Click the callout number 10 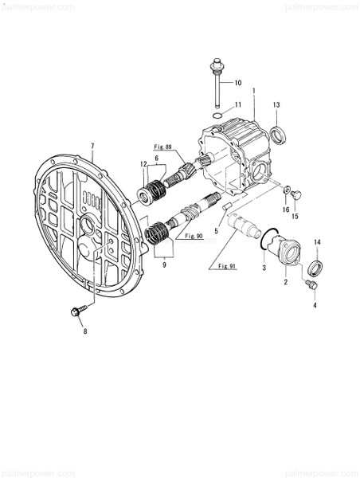coord(237,83)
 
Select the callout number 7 coord(93,147)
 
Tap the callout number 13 coord(277,104)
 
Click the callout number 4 coord(315,305)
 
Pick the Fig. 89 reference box coord(165,147)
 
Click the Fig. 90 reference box coord(194,237)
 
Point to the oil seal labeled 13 coord(276,135)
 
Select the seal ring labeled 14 coord(316,266)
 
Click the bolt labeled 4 coord(311,284)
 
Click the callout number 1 coord(253,91)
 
